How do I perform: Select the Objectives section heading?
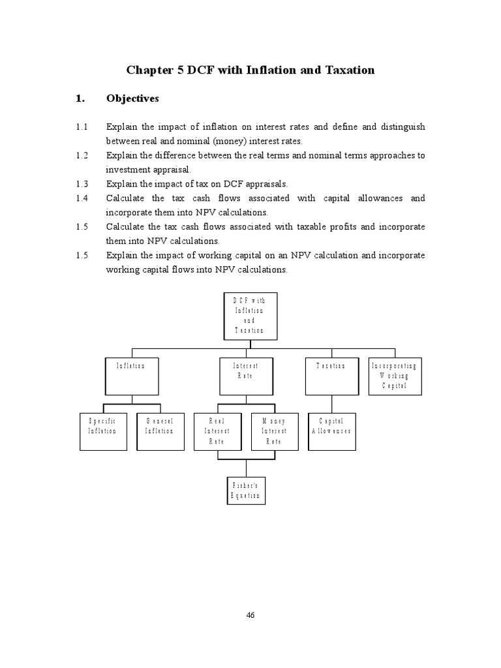(132, 99)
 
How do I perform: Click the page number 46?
(250, 615)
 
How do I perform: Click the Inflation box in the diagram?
(132, 376)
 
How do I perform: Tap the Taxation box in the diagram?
(331, 376)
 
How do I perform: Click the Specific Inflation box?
(103, 431)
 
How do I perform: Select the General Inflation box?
(160, 431)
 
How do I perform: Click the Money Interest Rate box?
(274, 431)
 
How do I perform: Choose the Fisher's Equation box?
(246, 491)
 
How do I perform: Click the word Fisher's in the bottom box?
(246, 485)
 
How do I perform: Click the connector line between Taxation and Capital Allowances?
(331, 404)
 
